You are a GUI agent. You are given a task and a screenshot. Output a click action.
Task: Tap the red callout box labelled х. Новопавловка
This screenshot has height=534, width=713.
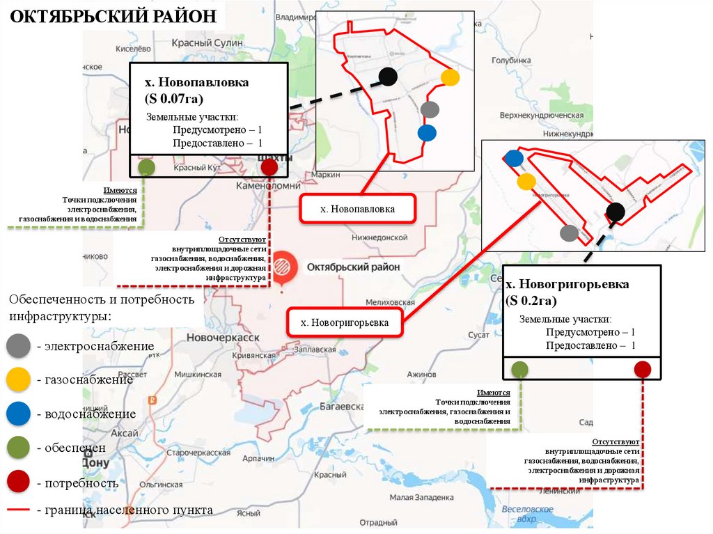click(357, 209)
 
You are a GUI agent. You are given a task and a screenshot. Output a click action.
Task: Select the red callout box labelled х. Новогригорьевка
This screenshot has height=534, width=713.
click(345, 322)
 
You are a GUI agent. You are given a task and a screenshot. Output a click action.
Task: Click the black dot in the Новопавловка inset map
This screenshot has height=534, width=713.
click(388, 76)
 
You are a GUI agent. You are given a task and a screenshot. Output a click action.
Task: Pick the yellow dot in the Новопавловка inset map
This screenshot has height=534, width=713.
click(450, 77)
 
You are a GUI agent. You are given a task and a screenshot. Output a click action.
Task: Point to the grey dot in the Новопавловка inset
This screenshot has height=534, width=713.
click(430, 109)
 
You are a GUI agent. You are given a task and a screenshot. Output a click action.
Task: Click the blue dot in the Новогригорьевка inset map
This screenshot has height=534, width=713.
click(514, 158)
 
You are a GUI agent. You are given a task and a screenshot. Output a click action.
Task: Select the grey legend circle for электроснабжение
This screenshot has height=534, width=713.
click(18, 345)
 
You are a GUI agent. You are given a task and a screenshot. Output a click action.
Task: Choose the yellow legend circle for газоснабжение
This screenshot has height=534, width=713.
click(18, 379)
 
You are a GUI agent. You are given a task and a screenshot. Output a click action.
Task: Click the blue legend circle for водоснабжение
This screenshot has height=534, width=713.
click(18, 414)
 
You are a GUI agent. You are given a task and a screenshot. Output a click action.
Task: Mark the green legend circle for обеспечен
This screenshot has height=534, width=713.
click(18, 448)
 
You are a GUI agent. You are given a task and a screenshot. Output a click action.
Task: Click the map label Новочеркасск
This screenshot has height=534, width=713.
click(223, 338)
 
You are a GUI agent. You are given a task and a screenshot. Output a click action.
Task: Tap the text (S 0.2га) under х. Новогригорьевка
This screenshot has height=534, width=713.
click(531, 300)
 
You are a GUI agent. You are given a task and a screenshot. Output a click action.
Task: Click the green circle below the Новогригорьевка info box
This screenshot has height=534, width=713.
click(519, 369)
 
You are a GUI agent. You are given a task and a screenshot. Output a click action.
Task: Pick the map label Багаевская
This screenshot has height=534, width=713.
click(341, 406)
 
